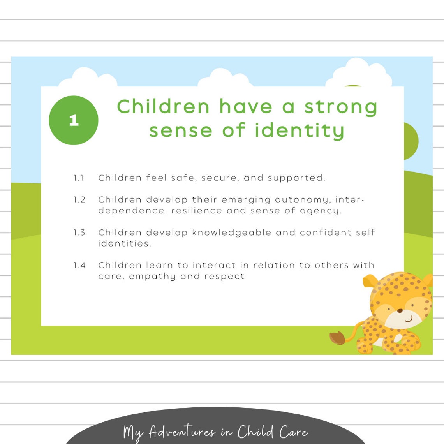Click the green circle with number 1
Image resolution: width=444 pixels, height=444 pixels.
(x=74, y=120)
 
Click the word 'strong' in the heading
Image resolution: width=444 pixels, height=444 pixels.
(x=340, y=107)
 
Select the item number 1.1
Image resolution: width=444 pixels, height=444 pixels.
(x=79, y=178)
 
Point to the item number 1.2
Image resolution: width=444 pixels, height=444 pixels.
(x=79, y=200)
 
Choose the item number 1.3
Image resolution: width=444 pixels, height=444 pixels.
(x=79, y=233)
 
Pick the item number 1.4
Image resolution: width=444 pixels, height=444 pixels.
(x=79, y=265)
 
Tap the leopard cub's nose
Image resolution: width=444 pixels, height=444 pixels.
(x=400, y=311)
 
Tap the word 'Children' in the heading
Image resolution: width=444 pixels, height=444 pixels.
(x=163, y=107)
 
